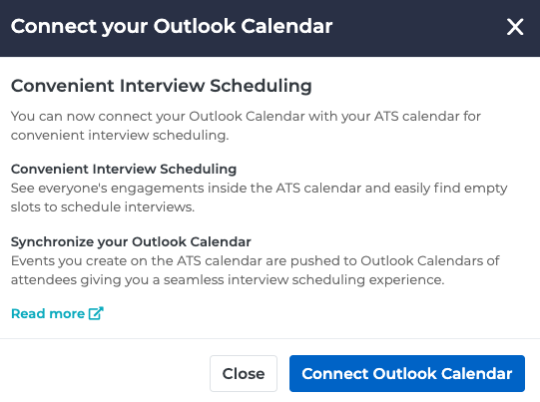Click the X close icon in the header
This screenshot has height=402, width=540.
point(515,27)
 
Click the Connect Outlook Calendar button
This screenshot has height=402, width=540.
point(406,374)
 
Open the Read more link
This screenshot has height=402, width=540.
point(48,313)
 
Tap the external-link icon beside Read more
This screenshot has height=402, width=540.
point(97,313)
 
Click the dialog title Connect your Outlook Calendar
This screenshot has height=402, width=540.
point(172,26)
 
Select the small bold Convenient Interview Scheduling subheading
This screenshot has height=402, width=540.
point(123,170)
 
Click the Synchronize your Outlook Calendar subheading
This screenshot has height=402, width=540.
point(131,242)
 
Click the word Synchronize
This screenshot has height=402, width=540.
point(54,242)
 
